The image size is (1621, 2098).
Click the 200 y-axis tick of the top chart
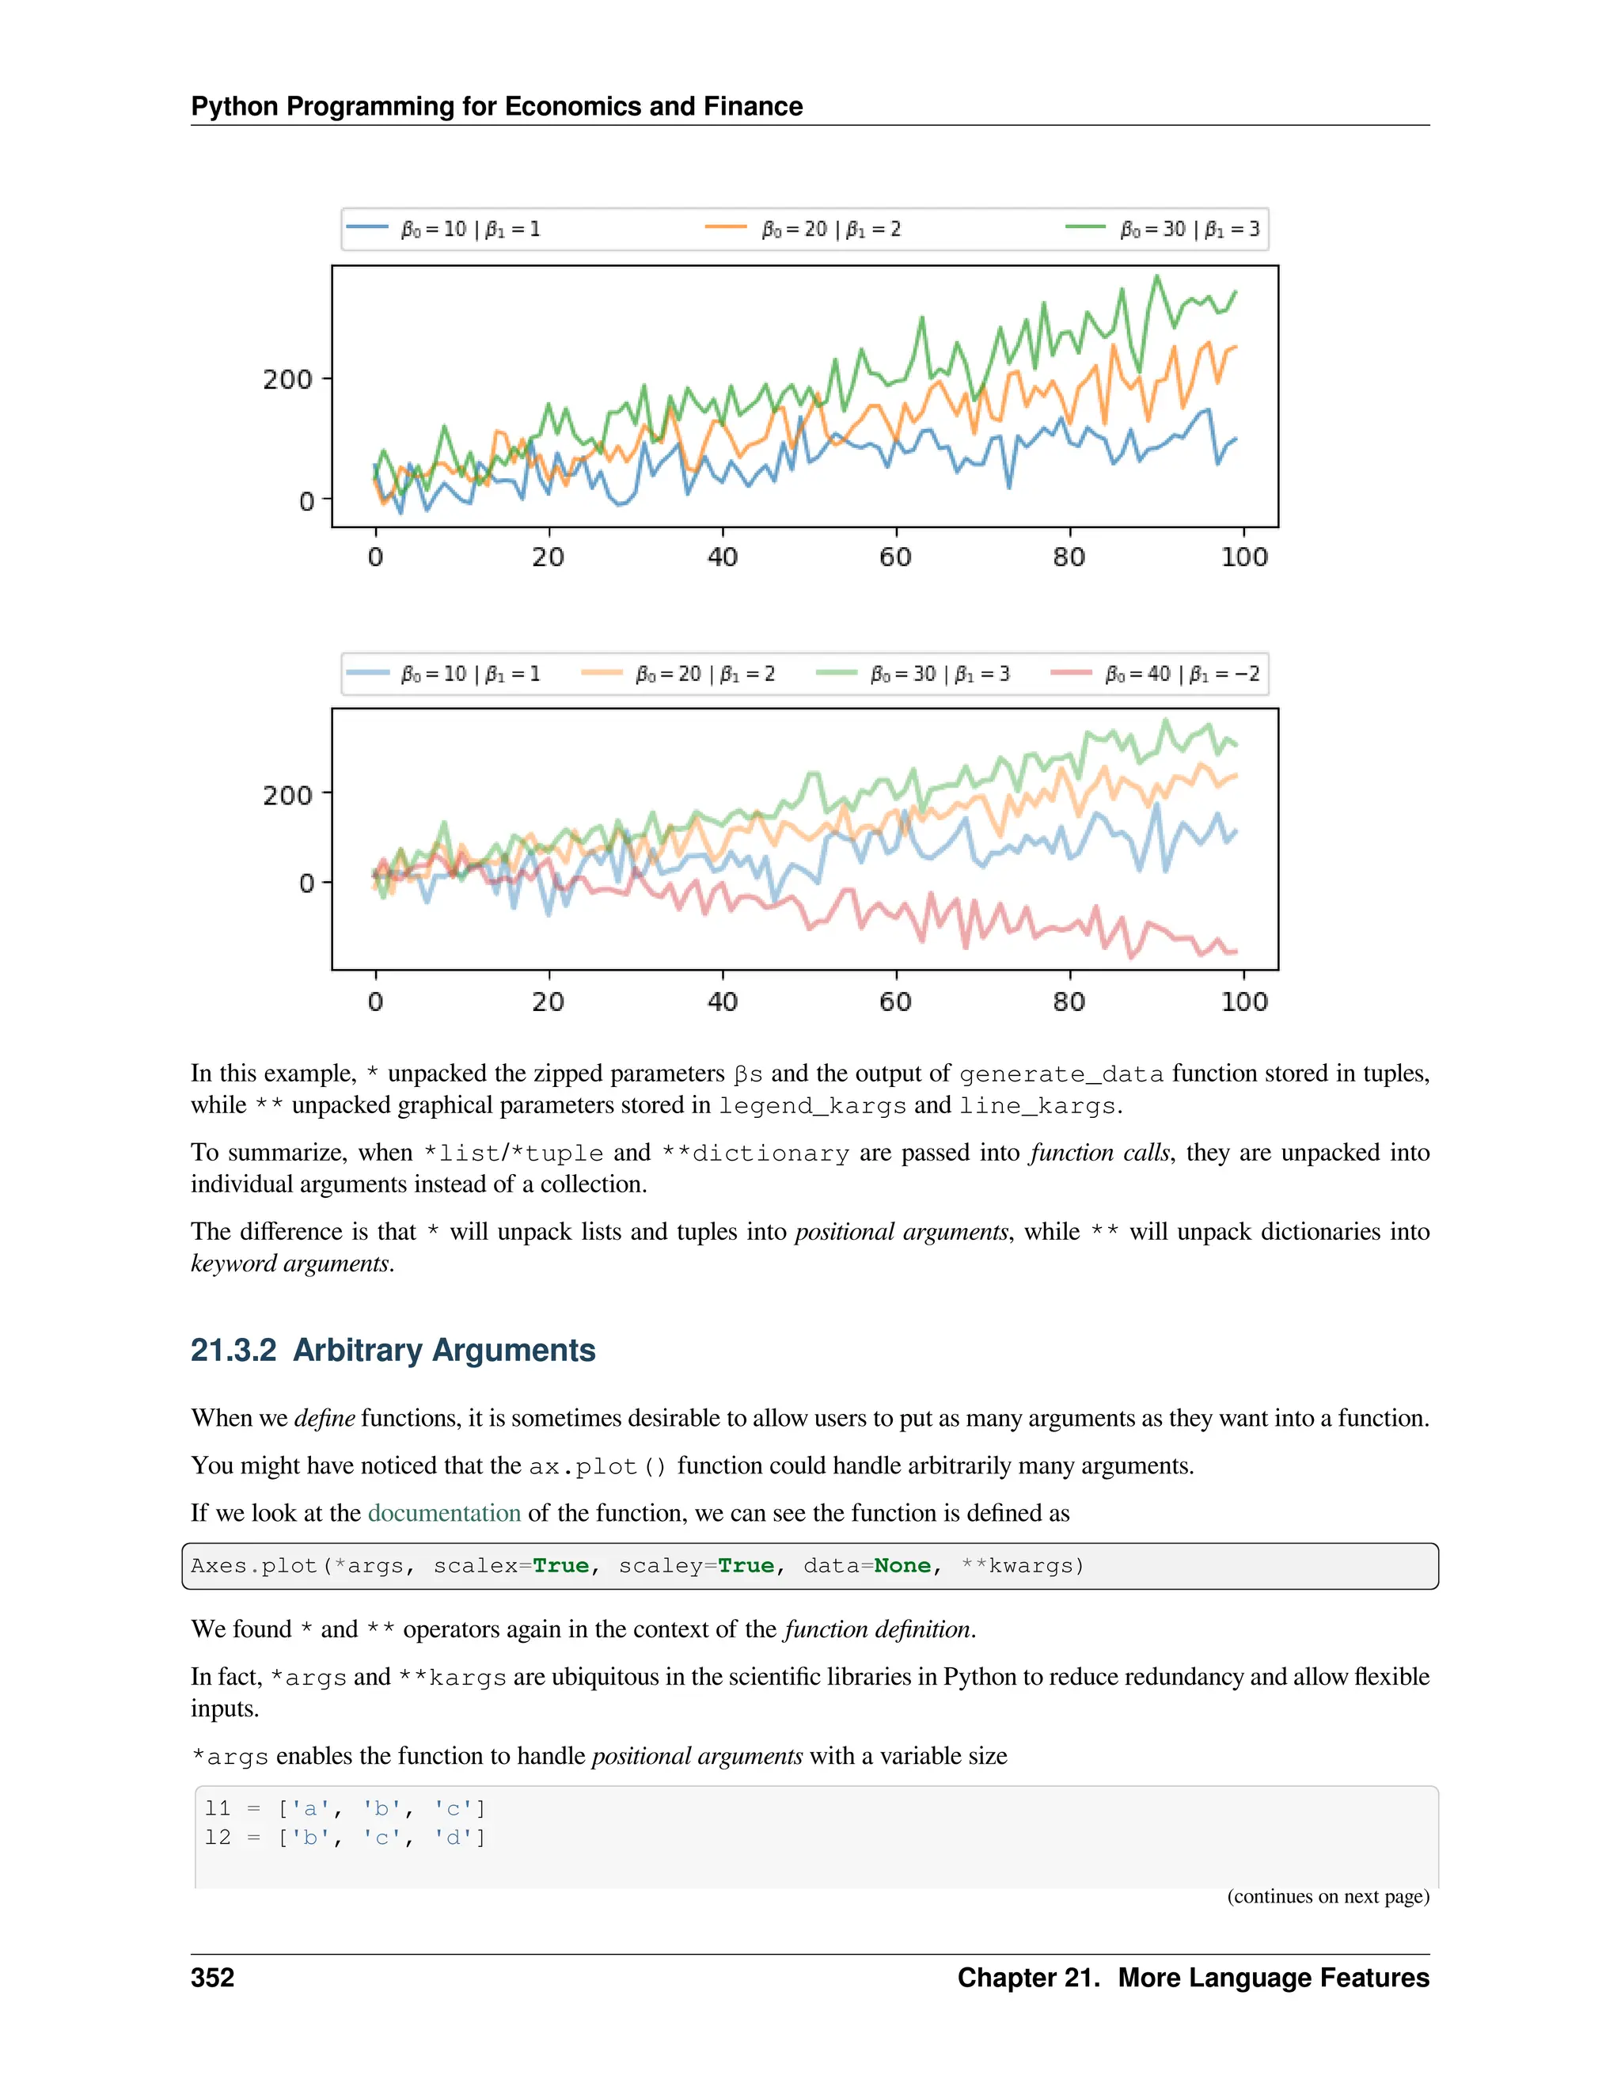tap(287, 379)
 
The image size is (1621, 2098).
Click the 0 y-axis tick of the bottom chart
tap(306, 883)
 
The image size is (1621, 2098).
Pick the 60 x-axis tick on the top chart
tap(895, 557)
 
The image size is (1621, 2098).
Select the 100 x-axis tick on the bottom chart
tap(1243, 1002)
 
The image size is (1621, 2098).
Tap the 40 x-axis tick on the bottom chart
tap(722, 1002)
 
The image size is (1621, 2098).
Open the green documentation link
tap(444, 1513)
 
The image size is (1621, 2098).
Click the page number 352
tap(212, 1978)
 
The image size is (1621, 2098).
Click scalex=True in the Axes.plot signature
tap(511, 1566)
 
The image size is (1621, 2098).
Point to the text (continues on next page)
tap(1327, 1896)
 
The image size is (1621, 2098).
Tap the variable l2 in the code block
tap(218, 1838)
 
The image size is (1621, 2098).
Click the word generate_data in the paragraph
tap(1061, 1074)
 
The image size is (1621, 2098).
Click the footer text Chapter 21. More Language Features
tap(1193, 1978)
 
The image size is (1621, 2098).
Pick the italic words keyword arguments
tap(290, 1264)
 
